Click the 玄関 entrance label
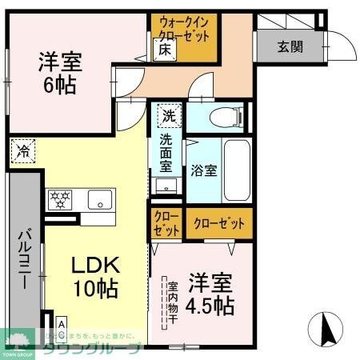coord(290,46)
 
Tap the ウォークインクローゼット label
coord(185,30)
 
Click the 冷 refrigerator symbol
coord(24,150)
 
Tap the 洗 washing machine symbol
coord(167,115)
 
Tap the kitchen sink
coord(100,198)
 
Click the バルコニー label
coord(24,260)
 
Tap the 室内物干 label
coord(172,302)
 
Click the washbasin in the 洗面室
coord(167,186)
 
